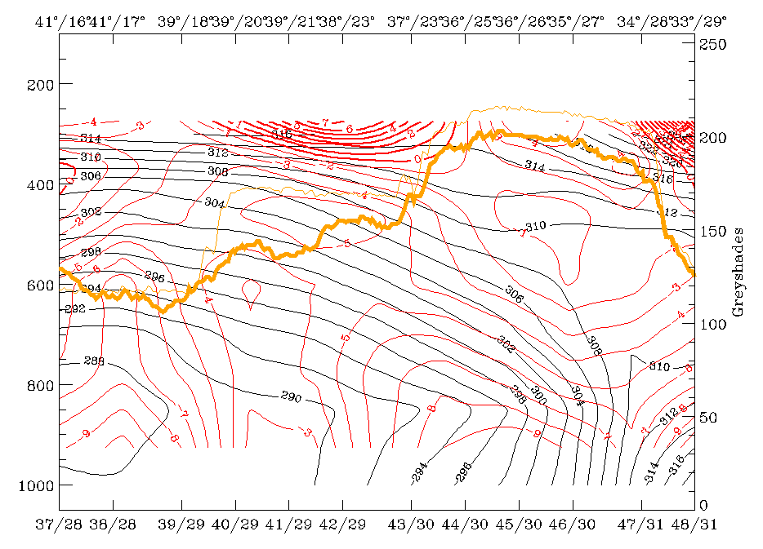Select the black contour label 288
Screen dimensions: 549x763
coord(95,361)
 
